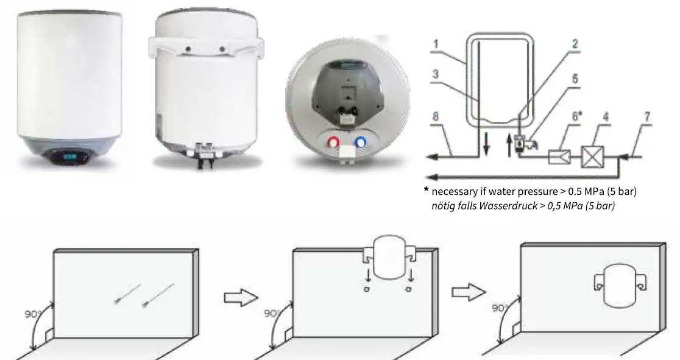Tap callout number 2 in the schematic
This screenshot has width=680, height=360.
pyautogui.click(x=575, y=44)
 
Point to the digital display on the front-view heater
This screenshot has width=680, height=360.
pyautogui.click(x=67, y=157)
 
